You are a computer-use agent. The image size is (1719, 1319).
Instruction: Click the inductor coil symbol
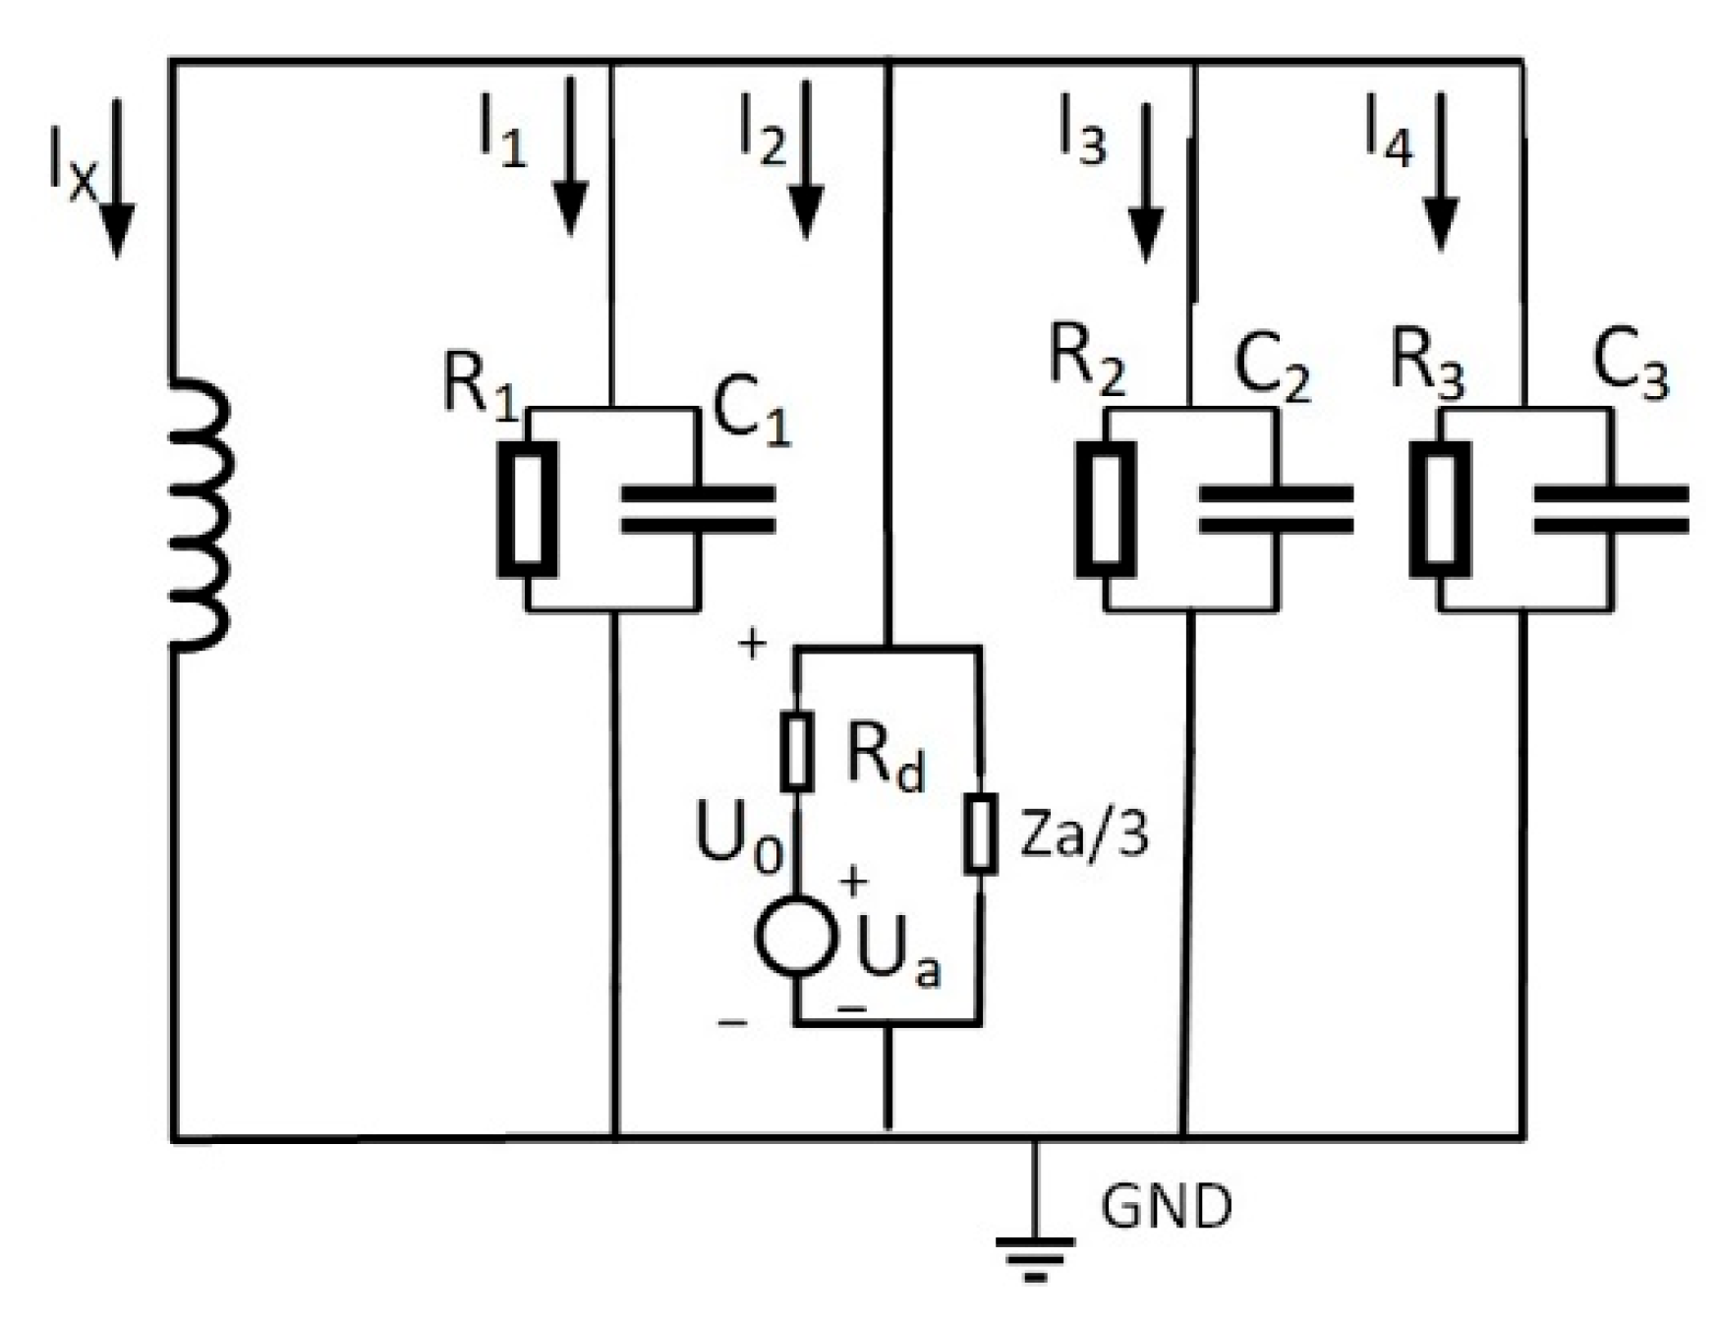(201, 513)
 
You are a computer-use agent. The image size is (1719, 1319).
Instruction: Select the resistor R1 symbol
(528, 509)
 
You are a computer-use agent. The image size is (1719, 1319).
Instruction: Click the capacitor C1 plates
(698, 509)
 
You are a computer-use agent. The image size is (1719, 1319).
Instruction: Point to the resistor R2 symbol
(1106, 509)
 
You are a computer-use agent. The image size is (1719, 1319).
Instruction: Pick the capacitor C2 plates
(1276, 509)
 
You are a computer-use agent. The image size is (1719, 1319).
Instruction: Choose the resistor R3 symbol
(1440, 509)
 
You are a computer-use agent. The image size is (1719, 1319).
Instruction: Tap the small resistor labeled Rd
(797, 752)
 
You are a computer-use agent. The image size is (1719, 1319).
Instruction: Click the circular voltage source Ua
(797, 936)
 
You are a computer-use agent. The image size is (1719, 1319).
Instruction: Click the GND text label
(1166, 1207)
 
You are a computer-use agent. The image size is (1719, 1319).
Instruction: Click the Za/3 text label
(1083, 835)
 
